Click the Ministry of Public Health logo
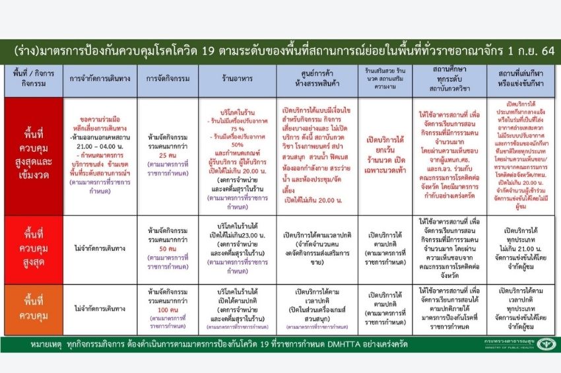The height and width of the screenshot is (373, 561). (x=545, y=345)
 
